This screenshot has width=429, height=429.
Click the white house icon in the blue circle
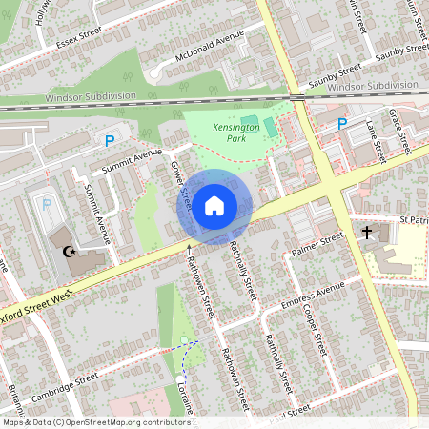214,206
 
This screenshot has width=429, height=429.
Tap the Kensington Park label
229,133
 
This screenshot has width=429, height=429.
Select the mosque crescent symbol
68,252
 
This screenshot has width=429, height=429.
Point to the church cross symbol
367,232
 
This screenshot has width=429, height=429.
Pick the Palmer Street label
317,247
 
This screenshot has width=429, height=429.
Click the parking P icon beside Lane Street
341,123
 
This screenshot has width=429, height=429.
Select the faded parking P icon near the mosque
46,203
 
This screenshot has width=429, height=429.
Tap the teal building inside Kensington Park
250,123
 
